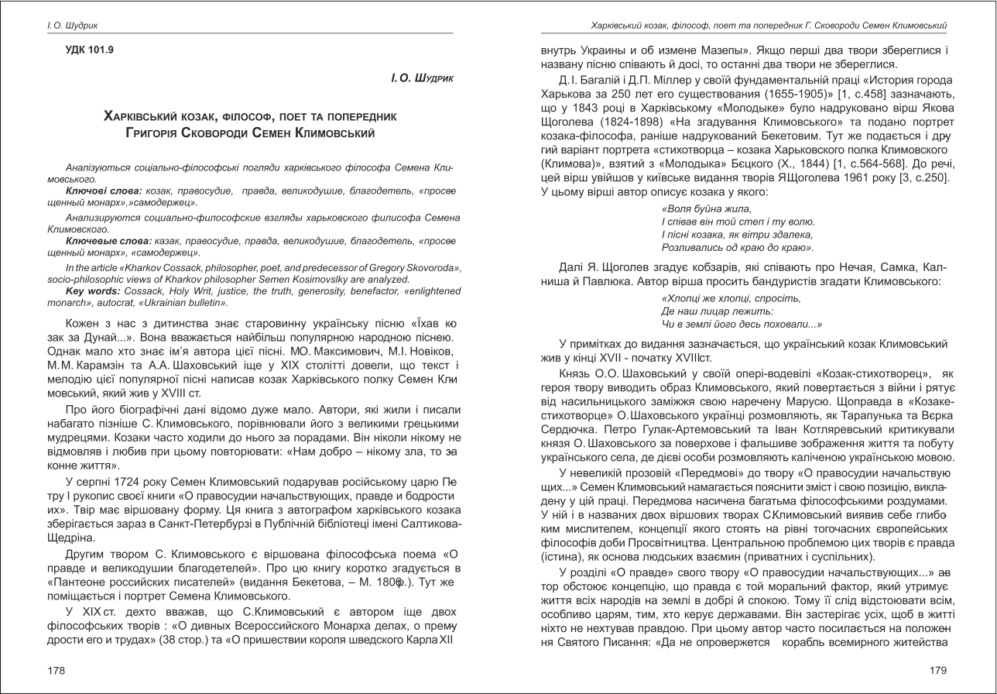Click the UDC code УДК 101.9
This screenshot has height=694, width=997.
point(90,50)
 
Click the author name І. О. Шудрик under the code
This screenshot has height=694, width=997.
point(423,78)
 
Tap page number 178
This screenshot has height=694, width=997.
point(57,669)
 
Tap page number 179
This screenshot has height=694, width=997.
point(937,669)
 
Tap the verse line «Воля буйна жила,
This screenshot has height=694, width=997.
point(707,208)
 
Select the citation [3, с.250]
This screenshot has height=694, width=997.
point(921,178)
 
